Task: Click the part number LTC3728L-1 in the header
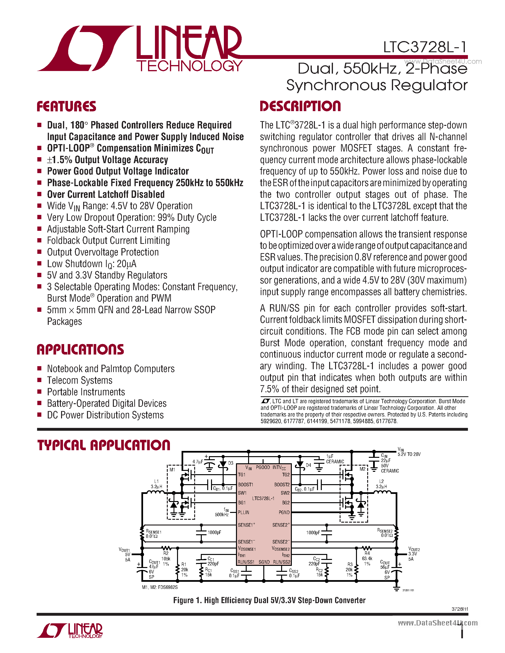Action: point(425,47)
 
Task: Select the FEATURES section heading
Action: point(66,107)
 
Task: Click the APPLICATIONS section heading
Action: point(80,350)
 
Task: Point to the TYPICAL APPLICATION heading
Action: point(104,445)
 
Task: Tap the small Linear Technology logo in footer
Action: point(70,631)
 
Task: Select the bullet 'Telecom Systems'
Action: point(80,380)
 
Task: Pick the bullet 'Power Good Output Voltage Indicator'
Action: point(118,171)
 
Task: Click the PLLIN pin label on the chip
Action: point(244,512)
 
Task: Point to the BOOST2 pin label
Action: point(282,485)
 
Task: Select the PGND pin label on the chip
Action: point(284,512)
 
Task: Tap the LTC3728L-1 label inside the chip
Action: point(263,498)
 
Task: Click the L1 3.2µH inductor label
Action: point(156,484)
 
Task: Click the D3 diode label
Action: point(231,463)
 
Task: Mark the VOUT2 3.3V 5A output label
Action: point(414,554)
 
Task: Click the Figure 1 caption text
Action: point(269,600)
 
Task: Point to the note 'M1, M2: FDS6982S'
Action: point(160,587)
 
